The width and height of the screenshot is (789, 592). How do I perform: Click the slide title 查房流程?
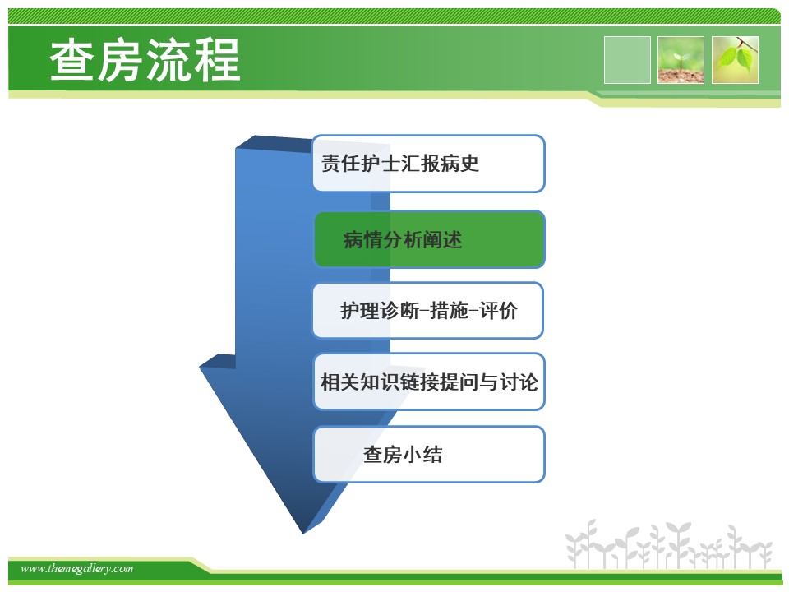point(145,60)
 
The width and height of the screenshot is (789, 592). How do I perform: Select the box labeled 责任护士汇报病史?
point(429,164)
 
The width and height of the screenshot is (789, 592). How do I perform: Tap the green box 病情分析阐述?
point(430,239)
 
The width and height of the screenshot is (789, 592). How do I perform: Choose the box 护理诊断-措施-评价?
point(428,311)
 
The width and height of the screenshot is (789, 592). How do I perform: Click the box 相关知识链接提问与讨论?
point(429,382)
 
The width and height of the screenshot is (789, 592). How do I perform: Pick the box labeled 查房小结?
point(429,455)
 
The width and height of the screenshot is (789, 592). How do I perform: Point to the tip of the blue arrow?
point(303,533)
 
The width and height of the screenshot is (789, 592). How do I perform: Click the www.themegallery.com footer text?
point(76,568)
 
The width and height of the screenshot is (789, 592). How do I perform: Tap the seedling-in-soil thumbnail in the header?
point(681,60)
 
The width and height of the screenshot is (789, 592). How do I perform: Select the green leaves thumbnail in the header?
point(735,60)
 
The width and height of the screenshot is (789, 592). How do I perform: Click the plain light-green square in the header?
point(627,60)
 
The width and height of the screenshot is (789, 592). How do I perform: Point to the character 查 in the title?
point(72,60)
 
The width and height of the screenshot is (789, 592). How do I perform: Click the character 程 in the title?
point(217,60)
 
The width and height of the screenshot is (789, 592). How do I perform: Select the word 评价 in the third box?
point(498,311)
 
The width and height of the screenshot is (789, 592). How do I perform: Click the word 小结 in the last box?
point(422,455)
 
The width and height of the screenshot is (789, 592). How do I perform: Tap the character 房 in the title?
point(121,60)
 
